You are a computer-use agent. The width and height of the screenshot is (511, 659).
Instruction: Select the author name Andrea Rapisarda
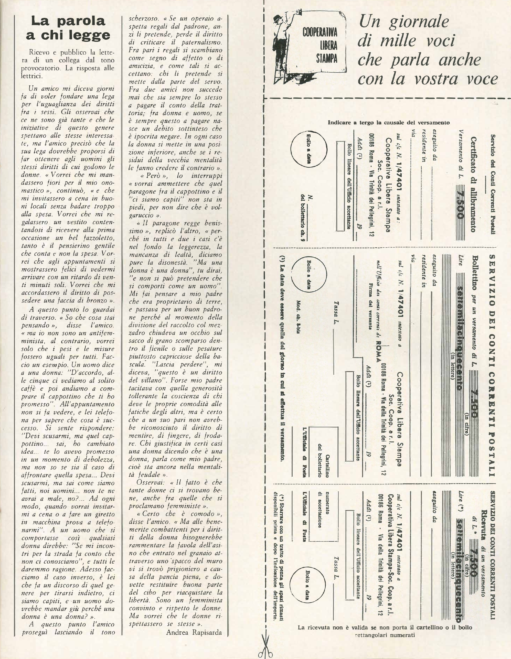click(194, 624)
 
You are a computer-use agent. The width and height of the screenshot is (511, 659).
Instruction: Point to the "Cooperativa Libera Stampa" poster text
click(320, 45)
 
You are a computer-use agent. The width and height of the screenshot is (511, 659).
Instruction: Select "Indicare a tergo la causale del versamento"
click(388, 123)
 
